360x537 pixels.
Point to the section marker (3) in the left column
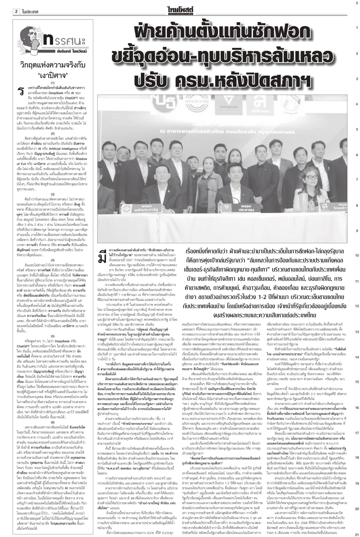click(x=53, y=194)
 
